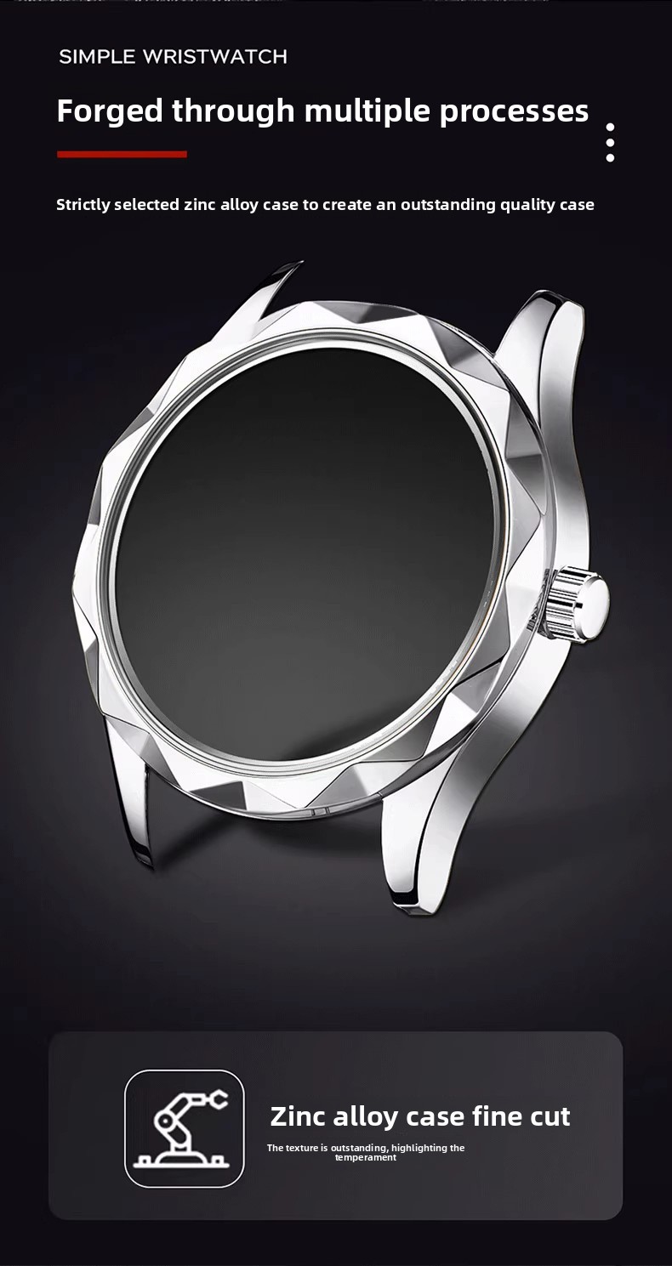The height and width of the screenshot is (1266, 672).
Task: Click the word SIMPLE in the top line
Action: click(97, 56)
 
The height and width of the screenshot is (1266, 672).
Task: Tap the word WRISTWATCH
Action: click(215, 56)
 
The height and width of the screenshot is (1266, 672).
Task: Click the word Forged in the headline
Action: click(110, 111)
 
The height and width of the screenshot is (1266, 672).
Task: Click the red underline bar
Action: click(122, 154)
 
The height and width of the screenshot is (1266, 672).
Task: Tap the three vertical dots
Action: click(610, 143)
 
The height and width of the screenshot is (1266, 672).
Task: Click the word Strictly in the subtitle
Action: click(83, 205)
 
